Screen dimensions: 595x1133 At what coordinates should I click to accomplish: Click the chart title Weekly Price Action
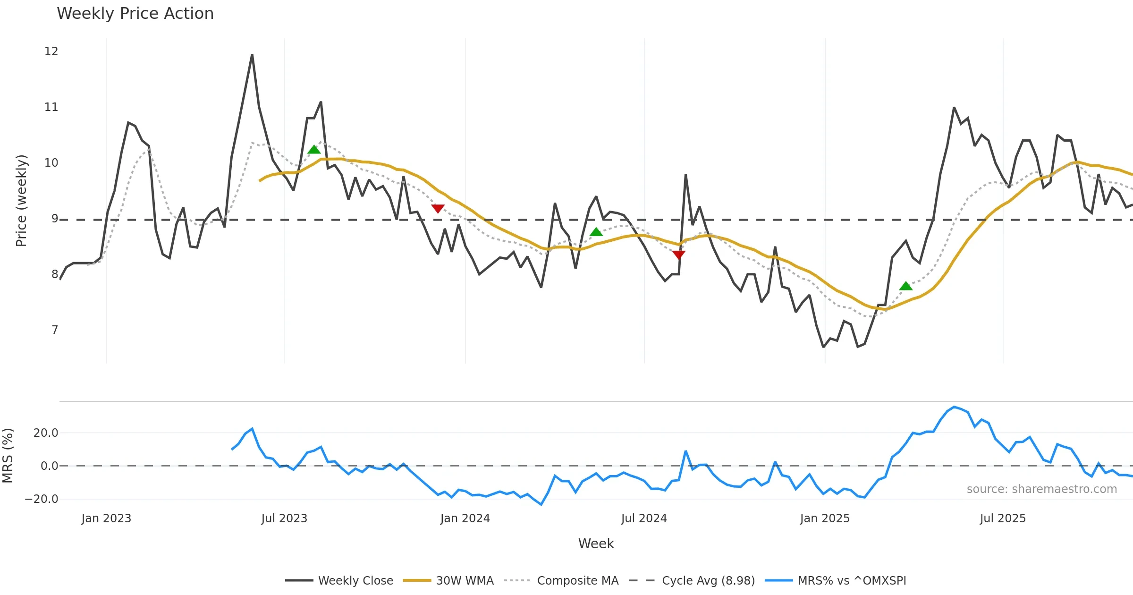tap(135, 14)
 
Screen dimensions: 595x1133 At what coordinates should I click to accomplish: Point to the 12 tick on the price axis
tap(51, 51)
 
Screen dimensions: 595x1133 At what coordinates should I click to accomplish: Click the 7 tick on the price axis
tap(55, 330)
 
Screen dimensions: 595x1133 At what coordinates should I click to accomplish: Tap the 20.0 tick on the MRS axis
tap(46, 433)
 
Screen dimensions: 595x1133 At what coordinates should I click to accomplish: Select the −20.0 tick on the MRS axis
tap(42, 499)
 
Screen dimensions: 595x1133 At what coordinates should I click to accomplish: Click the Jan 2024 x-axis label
tap(465, 518)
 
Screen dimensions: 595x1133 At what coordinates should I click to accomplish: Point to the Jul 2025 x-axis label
tap(1003, 518)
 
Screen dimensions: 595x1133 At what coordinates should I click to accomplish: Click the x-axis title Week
tap(596, 544)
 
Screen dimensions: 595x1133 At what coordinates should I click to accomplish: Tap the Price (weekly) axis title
tap(22, 201)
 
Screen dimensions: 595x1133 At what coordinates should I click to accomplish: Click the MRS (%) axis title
tap(8, 456)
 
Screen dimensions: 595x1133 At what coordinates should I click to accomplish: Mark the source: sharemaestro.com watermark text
tap(1041, 489)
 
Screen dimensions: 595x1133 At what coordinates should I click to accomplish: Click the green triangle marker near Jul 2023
tap(314, 150)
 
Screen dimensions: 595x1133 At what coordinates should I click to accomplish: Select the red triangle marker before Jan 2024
tap(438, 208)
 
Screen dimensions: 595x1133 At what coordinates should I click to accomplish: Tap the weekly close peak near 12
tap(252, 55)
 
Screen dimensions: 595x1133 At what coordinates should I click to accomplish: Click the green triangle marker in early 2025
tap(905, 286)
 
